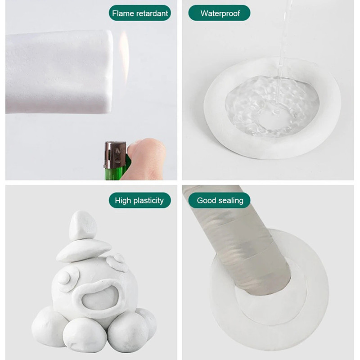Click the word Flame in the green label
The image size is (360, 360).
coord(123,13)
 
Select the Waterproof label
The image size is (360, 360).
coord(219,13)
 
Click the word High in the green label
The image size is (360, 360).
coord(123,201)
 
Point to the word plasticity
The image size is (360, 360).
coord(148,201)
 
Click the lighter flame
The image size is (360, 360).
coord(124,58)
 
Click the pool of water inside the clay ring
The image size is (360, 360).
coord(272,106)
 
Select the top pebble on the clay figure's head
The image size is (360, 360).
coord(83,225)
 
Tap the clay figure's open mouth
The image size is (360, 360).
coord(100,298)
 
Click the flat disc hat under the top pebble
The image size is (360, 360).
coord(84,250)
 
